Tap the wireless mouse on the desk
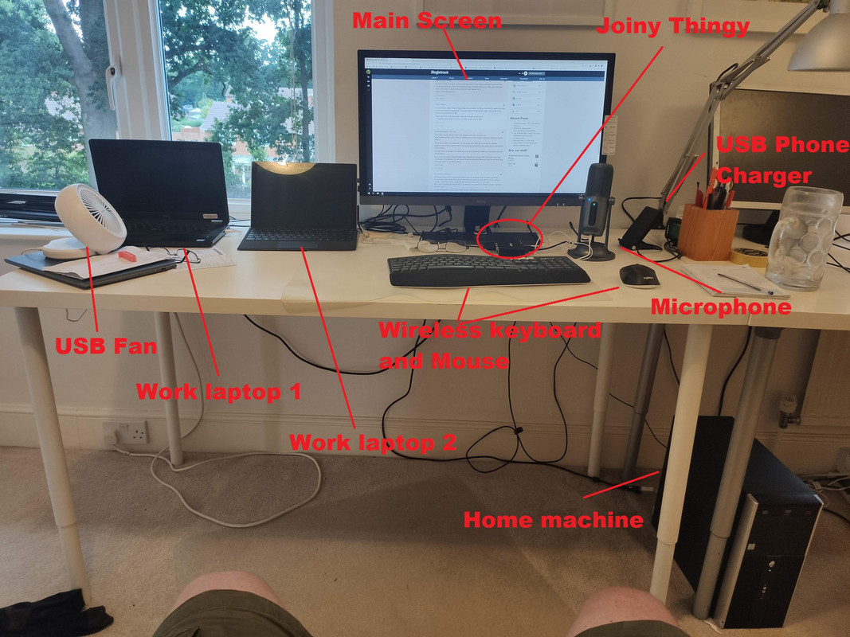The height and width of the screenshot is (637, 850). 640,276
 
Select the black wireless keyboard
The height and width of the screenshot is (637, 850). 488,271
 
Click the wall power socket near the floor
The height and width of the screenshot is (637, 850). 125,432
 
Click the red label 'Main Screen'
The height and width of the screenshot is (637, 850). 427,21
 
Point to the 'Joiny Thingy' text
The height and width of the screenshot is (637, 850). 673,26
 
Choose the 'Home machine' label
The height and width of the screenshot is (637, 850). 553,520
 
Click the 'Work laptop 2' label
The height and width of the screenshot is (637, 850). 372,443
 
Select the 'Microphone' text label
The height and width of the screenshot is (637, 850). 720,307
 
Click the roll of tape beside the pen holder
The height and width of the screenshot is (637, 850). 749,256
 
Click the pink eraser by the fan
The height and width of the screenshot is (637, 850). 127,256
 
